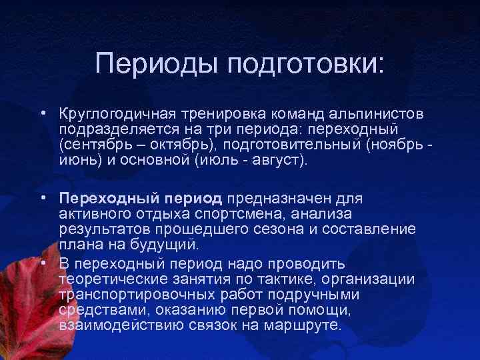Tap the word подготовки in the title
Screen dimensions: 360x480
click(306, 65)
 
